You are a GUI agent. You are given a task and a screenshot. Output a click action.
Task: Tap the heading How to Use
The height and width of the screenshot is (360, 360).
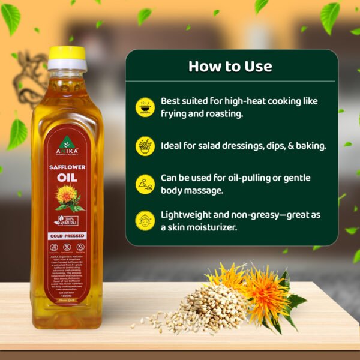(230, 66)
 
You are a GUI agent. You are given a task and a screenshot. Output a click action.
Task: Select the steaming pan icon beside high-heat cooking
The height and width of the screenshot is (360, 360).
(145, 106)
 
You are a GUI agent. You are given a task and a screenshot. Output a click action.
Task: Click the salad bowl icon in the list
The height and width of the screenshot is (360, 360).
(145, 146)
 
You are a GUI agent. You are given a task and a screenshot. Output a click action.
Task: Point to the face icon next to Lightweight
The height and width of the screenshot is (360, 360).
(145, 220)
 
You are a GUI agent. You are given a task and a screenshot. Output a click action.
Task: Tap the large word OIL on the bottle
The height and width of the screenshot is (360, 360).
(67, 178)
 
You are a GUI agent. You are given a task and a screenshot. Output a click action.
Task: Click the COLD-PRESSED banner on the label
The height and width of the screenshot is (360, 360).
(67, 236)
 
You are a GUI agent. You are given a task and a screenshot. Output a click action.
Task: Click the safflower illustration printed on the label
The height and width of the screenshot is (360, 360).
(65, 197)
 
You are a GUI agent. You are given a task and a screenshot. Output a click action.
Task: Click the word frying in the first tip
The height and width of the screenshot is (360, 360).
(175, 113)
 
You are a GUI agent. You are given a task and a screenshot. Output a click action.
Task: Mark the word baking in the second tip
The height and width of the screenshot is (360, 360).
(310, 145)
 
